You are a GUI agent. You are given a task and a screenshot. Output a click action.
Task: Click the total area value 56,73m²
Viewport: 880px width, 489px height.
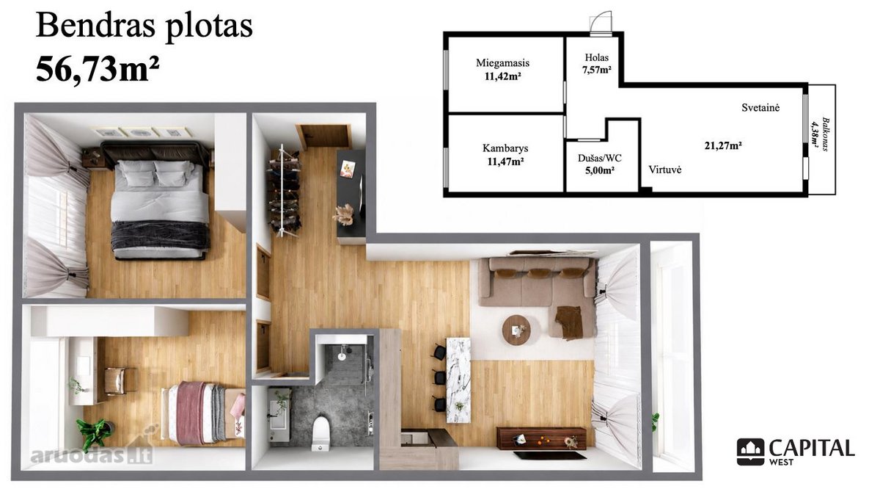[x=98, y=68]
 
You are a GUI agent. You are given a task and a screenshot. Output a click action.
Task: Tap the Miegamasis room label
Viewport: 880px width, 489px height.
[x=502, y=63]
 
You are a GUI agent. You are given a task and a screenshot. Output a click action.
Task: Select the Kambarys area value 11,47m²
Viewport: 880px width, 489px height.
[x=505, y=162]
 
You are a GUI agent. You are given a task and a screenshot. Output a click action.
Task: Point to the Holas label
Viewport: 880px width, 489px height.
[x=596, y=57]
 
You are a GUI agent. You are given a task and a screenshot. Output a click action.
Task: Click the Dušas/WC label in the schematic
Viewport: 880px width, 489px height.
[x=600, y=158]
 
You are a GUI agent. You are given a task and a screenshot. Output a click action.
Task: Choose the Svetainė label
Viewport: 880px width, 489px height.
[x=760, y=107]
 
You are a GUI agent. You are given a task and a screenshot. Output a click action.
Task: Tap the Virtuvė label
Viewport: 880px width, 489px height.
[x=664, y=170]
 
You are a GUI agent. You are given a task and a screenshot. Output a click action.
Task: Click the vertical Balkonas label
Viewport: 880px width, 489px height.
[x=826, y=134]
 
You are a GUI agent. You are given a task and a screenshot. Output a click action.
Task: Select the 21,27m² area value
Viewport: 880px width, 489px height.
[x=723, y=145]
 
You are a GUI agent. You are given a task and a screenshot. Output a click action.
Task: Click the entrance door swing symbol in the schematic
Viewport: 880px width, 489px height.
[x=601, y=23]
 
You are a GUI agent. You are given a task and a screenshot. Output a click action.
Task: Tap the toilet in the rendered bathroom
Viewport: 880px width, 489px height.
[x=320, y=432]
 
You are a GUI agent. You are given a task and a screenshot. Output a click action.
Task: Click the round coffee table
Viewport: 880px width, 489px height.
[x=516, y=330]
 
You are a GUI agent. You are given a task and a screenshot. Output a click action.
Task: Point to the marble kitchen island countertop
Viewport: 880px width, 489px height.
[x=458, y=380]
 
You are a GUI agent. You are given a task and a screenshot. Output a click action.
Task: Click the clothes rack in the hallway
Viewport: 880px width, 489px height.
[x=285, y=191]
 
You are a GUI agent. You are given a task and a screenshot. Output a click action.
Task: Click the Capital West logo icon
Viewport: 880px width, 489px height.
[x=750, y=452]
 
